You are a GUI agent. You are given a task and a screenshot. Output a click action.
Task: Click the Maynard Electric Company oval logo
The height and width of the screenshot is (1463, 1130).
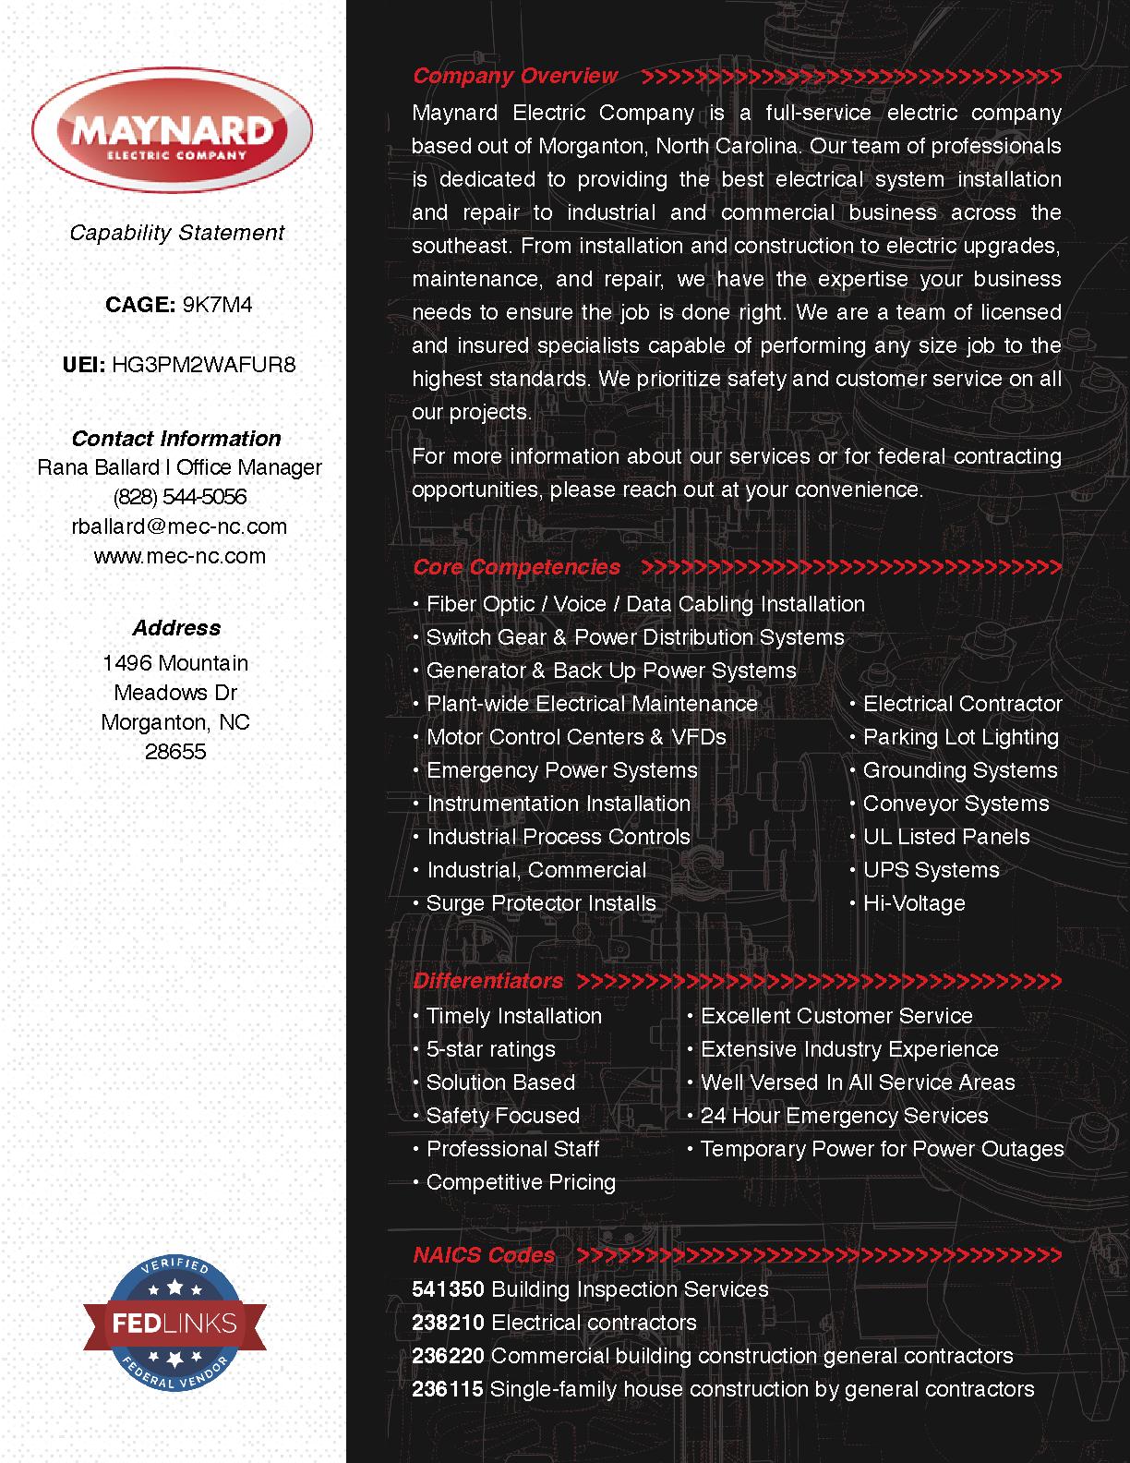pos(173,133)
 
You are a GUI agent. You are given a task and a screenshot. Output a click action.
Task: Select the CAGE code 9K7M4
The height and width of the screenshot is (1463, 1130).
pos(217,305)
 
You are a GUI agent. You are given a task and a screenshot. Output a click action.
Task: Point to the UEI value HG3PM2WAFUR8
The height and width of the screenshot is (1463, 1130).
pos(203,364)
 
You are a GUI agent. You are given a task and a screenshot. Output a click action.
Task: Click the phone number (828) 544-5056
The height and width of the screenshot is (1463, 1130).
pos(180,497)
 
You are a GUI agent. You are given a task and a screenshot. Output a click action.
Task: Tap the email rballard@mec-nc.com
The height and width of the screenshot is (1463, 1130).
pos(179,526)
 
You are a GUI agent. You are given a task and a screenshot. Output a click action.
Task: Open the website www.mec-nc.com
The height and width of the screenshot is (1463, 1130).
pos(179,556)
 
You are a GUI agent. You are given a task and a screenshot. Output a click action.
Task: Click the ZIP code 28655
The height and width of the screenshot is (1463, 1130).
pos(175,752)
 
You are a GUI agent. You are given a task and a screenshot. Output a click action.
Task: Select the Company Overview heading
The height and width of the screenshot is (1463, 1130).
pos(515,76)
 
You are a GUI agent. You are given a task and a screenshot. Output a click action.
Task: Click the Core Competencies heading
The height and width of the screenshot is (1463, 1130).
pos(516,567)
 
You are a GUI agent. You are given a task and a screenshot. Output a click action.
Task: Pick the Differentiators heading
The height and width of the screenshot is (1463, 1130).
pos(487,981)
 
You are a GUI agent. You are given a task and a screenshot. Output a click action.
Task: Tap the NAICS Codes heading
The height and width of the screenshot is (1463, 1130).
pos(484,1255)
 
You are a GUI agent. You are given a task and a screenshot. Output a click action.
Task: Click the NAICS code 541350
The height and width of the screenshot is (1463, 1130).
pos(448,1289)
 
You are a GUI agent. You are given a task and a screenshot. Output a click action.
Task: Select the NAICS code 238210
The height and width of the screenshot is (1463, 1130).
pos(448,1323)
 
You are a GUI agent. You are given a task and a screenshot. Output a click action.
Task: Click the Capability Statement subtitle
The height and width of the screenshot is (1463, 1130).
pos(176,233)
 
